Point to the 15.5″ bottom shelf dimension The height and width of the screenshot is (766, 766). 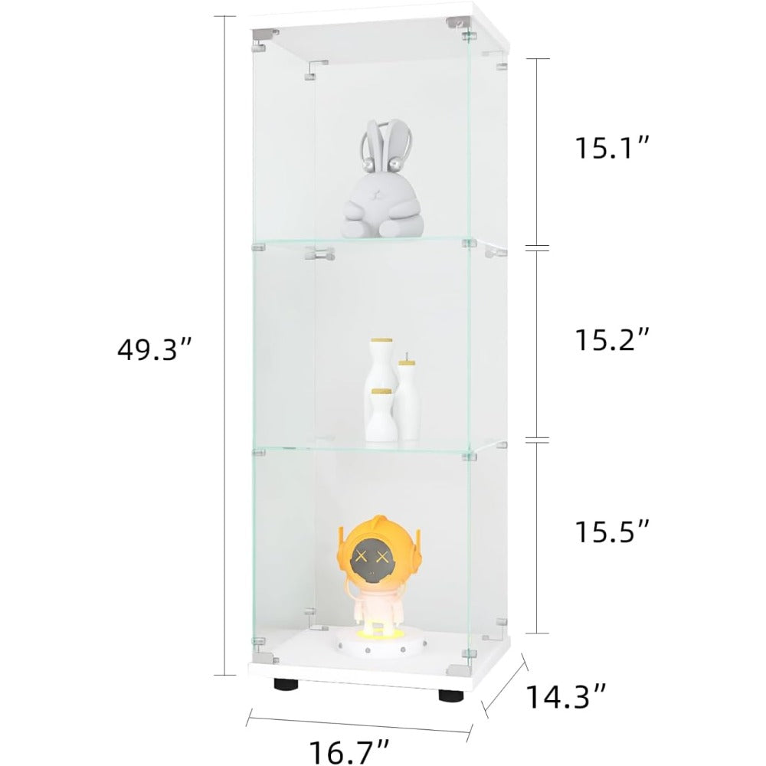(x=612, y=531)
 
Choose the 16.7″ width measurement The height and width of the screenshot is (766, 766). (x=350, y=752)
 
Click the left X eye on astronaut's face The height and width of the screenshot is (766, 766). (x=362, y=555)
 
